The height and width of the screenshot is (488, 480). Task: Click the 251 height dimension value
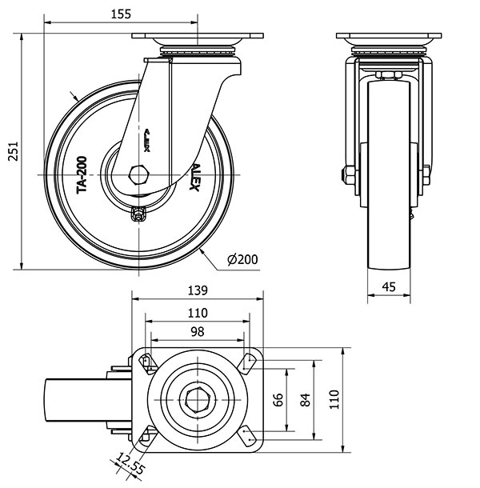click(12, 150)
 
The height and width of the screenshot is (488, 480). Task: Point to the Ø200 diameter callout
click(242, 260)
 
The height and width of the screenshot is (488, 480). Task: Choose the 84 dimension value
click(304, 398)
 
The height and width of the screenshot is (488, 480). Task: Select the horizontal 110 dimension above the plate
click(197, 313)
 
